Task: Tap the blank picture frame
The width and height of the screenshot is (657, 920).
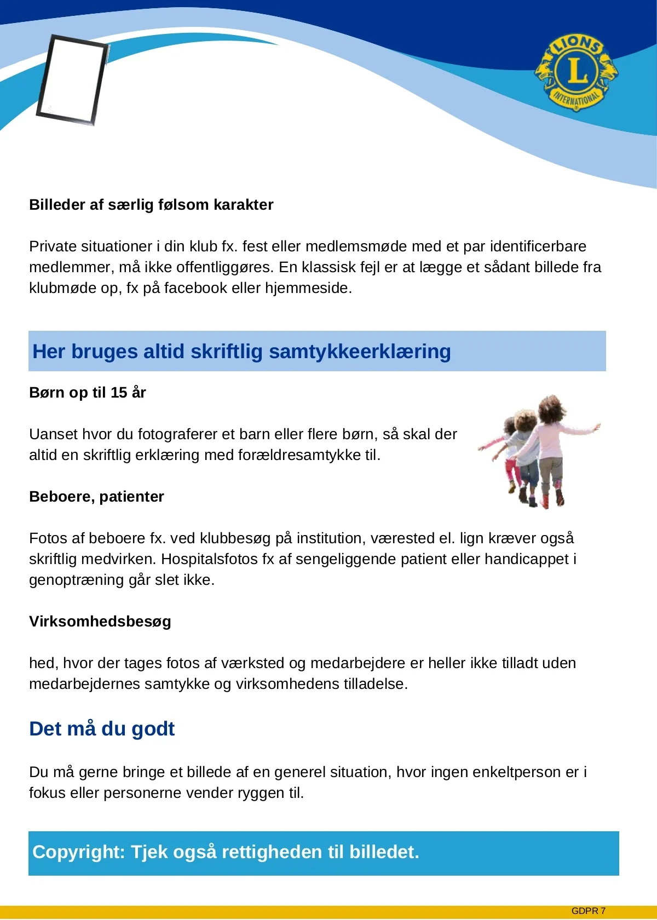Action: [72, 79]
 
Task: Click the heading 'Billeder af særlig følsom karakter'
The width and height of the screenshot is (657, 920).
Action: [151, 205]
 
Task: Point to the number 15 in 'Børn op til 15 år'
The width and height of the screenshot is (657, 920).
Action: [119, 393]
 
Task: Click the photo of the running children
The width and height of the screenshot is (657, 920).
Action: [539, 452]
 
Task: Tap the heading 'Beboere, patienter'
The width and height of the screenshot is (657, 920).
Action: [96, 497]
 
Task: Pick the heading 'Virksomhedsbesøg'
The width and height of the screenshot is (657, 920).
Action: [100, 622]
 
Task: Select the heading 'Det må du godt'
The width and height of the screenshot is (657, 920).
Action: [102, 729]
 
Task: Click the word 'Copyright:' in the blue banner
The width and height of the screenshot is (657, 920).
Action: [79, 852]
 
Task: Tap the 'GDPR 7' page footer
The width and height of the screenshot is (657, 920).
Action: [588, 911]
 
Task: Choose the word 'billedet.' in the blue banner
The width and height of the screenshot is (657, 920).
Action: [384, 852]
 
